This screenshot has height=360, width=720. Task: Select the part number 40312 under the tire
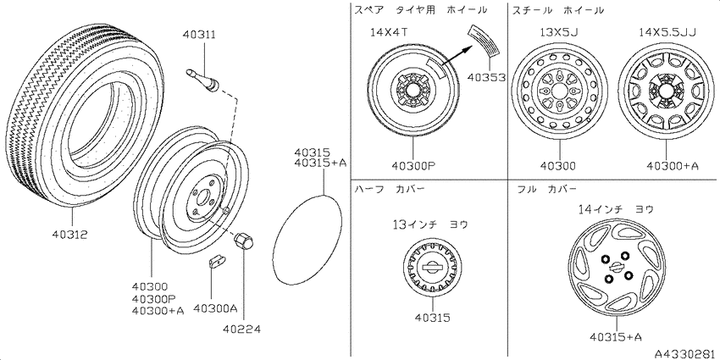69,234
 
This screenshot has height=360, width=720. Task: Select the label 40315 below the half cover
432,318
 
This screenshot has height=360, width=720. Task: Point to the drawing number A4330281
684,352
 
